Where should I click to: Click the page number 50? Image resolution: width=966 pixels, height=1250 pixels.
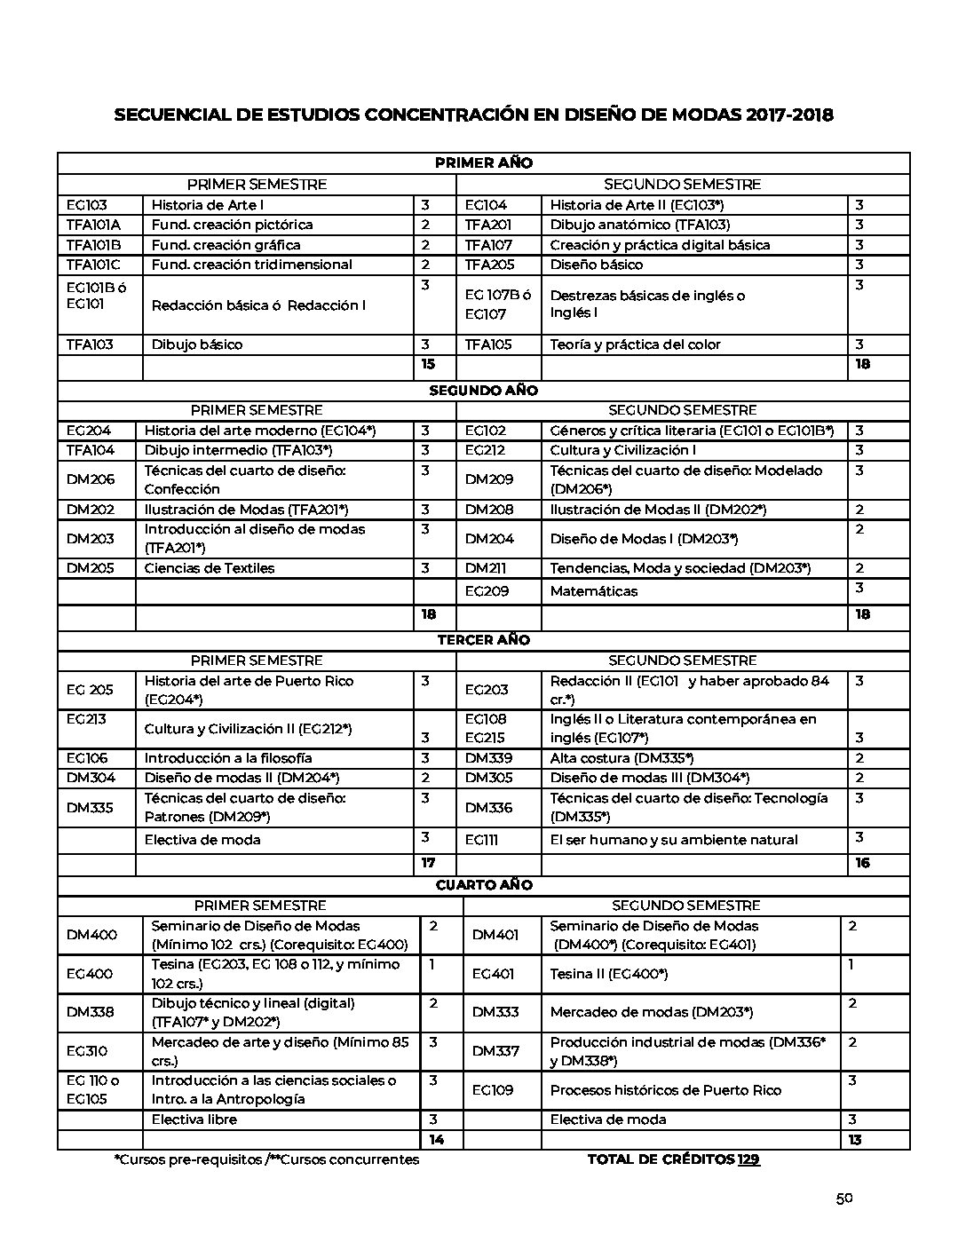click(x=843, y=1199)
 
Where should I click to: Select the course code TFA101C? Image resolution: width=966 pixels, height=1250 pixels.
click(x=97, y=265)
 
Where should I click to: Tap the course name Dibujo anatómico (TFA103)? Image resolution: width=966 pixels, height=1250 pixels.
click(x=639, y=225)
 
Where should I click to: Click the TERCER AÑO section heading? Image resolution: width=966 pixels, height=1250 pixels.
click(x=483, y=640)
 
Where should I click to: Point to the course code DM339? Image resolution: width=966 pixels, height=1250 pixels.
click(x=489, y=758)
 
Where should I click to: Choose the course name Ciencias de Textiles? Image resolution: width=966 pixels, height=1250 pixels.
click(x=210, y=568)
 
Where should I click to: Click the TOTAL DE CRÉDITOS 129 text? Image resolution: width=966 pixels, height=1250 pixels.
click(x=673, y=1159)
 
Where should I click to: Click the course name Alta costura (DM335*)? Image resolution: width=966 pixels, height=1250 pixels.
click(x=622, y=758)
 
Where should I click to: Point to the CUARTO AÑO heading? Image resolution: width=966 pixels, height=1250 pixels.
click(x=483, y=885)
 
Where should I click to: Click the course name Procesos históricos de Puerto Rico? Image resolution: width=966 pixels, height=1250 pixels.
click(x=665, y=1090)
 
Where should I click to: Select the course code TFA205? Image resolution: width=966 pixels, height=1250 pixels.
click(x=488, y=265)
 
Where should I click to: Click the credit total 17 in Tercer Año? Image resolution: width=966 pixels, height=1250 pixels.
click(x=428, y=863)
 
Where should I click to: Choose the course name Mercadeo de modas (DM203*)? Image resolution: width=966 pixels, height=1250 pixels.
click(x=651, y=1012)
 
